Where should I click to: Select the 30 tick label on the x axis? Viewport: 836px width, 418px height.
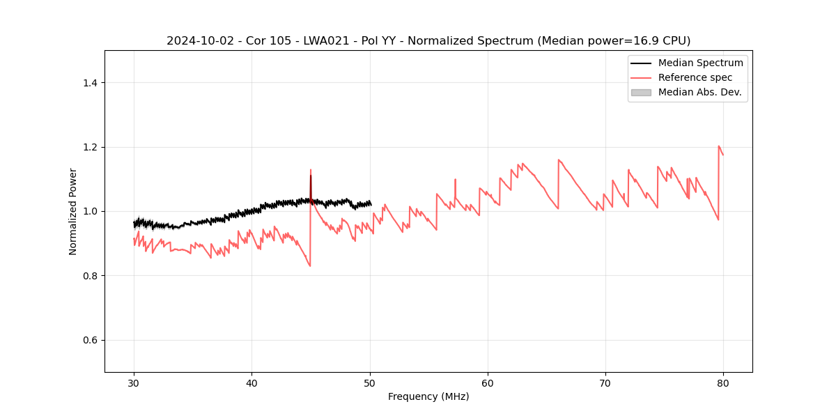point(134,383)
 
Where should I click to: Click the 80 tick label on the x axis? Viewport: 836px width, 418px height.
point(723,383)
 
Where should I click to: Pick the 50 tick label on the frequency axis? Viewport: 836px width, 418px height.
point(369,383)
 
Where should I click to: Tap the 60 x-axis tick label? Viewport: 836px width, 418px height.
point(488,383)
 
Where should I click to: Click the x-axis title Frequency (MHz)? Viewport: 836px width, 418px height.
point(428,396)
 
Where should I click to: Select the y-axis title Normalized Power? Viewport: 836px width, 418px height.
point(73,211)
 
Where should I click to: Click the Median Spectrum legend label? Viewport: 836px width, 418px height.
point(700,63)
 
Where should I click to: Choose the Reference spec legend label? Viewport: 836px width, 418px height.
point(695,77)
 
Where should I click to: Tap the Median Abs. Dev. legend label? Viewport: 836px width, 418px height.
point(699,92)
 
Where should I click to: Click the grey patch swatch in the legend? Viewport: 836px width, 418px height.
point(641,92)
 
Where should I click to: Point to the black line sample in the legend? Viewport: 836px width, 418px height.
point(641,63)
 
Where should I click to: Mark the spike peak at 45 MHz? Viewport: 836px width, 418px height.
point(311,170)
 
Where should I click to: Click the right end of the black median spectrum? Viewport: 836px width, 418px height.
point(371,203)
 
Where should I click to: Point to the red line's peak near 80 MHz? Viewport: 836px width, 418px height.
point(718,146)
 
